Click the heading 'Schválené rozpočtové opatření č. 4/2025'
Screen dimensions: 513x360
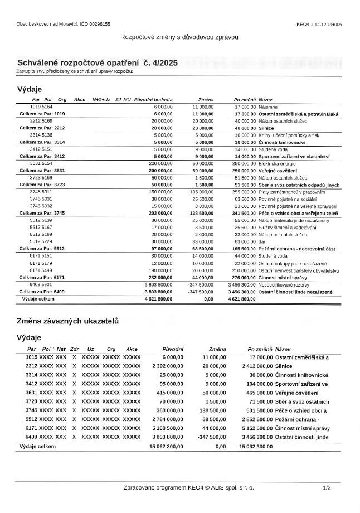[x=98, y=63]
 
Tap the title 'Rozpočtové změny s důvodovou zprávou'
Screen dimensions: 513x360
[x=179, y=37]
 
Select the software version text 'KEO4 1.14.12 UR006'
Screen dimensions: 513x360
[x=319, y=25]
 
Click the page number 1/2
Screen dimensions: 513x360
[x=327, y=487]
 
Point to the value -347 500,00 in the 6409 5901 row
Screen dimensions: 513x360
[x=201, y=284]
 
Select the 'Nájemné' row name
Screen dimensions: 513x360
[x=268, y=106]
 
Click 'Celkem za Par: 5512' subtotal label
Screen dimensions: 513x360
[x=42, y=248]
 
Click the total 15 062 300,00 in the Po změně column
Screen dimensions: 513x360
[x=256, y=447]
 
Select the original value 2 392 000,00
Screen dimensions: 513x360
[x=167, y=366]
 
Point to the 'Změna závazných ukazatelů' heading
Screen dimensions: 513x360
[x=68, y=321]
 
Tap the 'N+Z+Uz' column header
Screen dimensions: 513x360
[x=101, y=99]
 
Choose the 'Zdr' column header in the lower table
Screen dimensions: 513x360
[x=74, y=349]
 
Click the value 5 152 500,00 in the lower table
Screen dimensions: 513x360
[x=255, y=428]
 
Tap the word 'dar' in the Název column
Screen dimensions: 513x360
[x=262, y=241]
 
